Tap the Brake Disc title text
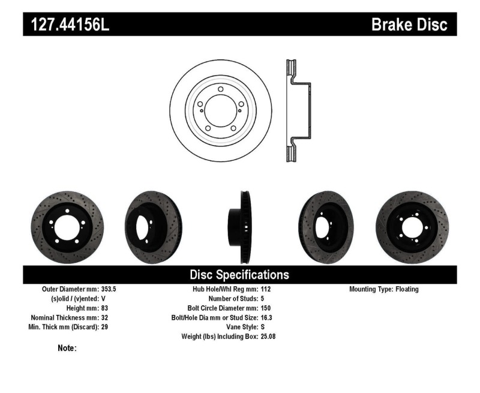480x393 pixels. pyautogui.click(x=409, y=25)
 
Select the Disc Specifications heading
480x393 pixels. pyautogui.click(x=239, y=275)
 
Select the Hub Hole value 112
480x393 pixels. pyautogui.click(x=266, y=289)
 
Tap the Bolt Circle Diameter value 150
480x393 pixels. pyautogui.click(x=266, y=308)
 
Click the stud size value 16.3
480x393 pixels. pyautogui.click(x=267, y=317)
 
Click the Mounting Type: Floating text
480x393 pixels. pyautogui.click(x=384, y=289)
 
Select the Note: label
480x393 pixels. pyautogui.click(x=67, y=348)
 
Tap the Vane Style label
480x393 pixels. pyautogui.click(x=239, y=327)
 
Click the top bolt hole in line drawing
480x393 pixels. pyautogui.click(x=221, y=89)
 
